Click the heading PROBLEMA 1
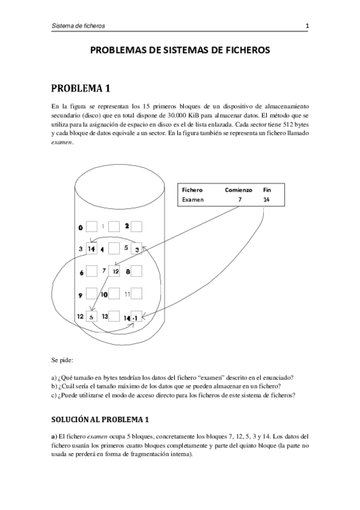click(81, 89)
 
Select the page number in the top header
click(307, 26)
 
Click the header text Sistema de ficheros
click(79, 26)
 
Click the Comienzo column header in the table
click(239, 189)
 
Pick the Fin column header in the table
click(267, 189)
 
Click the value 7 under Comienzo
click(239, 200)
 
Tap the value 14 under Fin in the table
click(266, 200)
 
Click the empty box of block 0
click(92, 227)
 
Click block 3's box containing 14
click(92, 248)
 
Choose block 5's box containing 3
click(136, 248)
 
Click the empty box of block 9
click(92, 294)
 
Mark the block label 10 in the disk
click(104, 295)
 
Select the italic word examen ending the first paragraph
click(63, 142)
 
